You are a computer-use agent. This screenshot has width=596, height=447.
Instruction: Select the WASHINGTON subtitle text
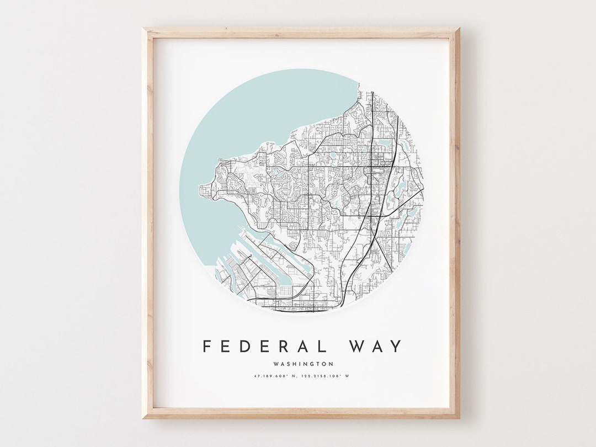(x=303, y=364)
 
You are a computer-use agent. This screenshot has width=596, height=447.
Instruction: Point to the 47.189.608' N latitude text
(x=274, y=376)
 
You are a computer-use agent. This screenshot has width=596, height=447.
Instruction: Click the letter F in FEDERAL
(x=207, y=347)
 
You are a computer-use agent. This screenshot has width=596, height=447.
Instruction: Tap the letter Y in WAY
(x=396, y=347)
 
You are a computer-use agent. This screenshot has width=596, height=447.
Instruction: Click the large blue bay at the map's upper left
(x=248, y=121)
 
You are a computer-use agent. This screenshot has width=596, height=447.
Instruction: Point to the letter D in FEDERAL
(x=243, y=347)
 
